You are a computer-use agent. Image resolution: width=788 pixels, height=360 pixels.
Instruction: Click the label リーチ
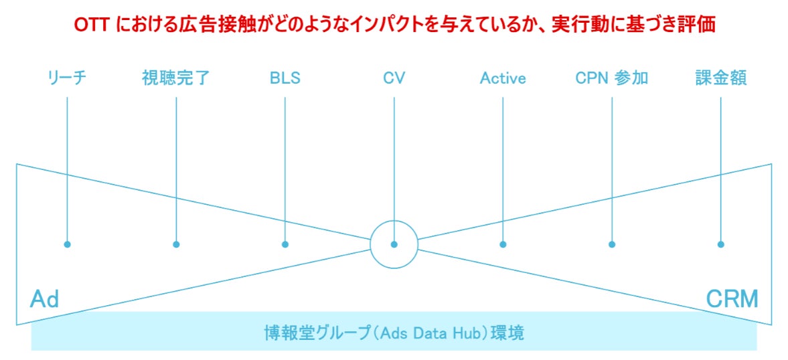click(68, 78)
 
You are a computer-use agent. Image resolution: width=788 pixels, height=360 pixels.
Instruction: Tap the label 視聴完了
click(176, 78)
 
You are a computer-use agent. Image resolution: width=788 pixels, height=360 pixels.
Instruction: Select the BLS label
click(285, 78)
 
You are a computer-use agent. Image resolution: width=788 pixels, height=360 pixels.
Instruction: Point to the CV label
click(394, 78)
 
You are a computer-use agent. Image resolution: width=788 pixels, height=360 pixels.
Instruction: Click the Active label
click(503, 78)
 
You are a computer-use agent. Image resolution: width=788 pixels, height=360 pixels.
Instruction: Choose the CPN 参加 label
click(611, 78)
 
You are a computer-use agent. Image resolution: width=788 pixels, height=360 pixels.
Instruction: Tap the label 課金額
click(720, 78)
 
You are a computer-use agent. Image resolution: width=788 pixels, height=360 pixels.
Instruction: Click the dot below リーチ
click(67, 244)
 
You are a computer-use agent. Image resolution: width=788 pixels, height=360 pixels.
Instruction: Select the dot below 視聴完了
click(176, 244)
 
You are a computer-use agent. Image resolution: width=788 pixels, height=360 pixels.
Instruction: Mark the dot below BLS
click(285, 244)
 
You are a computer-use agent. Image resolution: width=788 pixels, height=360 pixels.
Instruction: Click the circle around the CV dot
click(394, 224)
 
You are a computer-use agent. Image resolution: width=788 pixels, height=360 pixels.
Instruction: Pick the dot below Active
click(503, 244)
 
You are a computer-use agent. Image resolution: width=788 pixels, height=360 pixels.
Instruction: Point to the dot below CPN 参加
click(612, 244)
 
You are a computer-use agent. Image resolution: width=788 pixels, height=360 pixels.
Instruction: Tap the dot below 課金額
click(721, 244)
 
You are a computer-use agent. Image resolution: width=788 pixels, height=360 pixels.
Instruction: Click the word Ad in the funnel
click(44, 299)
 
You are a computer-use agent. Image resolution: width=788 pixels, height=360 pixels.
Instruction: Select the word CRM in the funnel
click(732, 299)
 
